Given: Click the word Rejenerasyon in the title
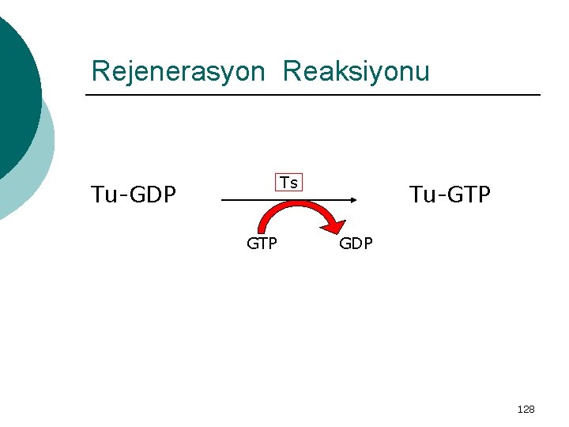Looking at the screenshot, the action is (x=178, y=72).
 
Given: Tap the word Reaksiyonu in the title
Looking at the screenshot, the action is (x=356, y=72).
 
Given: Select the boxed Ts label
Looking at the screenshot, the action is (x=288, y=183).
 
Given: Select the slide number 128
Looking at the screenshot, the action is (x=526, y=409).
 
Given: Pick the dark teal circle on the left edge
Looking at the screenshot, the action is (x=16, y=87).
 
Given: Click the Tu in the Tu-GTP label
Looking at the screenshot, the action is (x=420, y=194).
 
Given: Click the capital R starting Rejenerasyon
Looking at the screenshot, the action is (x=100, y=72).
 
